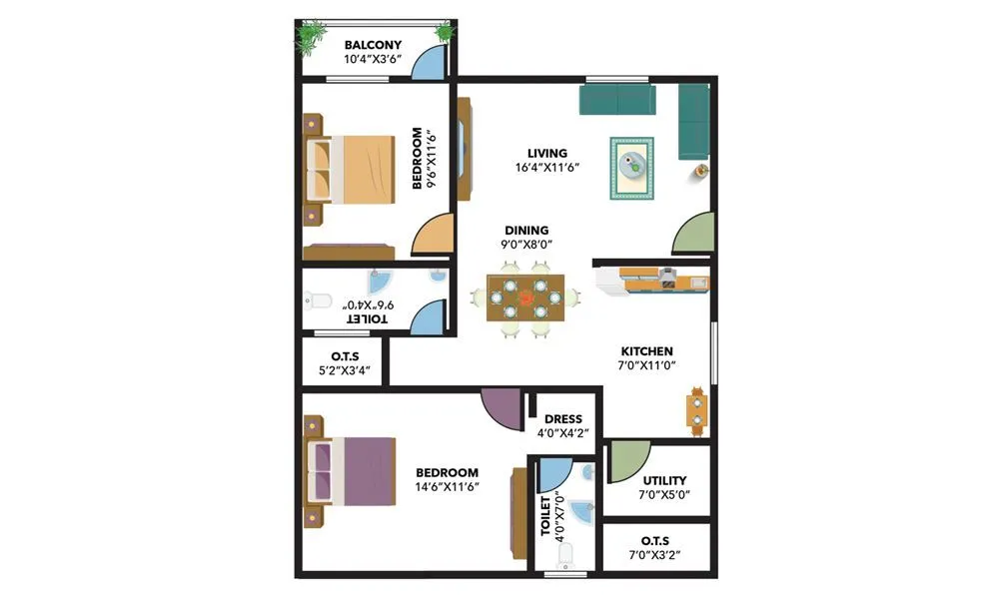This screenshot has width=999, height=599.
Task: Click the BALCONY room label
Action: pos(373,45)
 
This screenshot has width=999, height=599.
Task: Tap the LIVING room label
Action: pos(547,153)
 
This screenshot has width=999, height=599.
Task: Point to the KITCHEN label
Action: pos(647,351)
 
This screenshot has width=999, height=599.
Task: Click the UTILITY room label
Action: pos(664,481)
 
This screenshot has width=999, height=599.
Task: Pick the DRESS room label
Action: pos(562,419)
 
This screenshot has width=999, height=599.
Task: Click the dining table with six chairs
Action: pos(524,298)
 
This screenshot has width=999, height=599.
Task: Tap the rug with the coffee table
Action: pos(631,168)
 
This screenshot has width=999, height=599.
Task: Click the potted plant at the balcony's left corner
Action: pos(310,38)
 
